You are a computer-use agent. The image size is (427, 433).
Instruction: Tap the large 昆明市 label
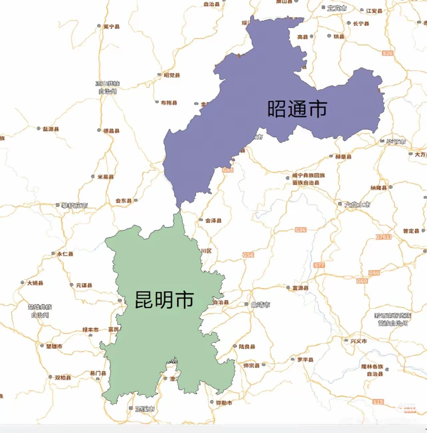tap(164, 299)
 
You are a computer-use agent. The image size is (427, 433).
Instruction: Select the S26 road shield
tap(387, 53)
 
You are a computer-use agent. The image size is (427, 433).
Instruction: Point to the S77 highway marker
tap(319, 265)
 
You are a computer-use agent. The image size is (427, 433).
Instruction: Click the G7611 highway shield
tap(384, 237)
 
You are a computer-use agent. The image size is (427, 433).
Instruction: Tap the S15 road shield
tap(378, 402)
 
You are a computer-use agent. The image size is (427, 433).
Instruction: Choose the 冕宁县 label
tap(111, 26)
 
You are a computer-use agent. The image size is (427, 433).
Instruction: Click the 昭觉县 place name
tap(171, 75)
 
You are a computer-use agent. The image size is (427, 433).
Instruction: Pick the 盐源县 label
tap(50, 129)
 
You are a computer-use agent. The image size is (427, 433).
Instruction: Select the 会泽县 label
tap(213, 221)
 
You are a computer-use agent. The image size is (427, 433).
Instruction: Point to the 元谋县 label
tap(84, 285)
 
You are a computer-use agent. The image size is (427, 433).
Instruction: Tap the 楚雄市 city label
tap(54, 346)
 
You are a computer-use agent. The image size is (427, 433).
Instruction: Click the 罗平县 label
tap(305, 360)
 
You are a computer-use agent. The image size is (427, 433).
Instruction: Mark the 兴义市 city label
tap(358, 341)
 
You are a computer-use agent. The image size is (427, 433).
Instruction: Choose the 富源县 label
tap(300, 288)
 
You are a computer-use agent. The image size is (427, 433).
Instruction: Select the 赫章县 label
tap(343, 156)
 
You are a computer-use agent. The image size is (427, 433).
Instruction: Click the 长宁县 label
tap(361, 23)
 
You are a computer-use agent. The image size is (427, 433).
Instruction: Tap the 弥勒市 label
tap(224, 403)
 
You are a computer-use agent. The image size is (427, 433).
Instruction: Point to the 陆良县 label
tap(247, 347)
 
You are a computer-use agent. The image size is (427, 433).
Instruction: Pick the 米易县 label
tap(105, 177)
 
